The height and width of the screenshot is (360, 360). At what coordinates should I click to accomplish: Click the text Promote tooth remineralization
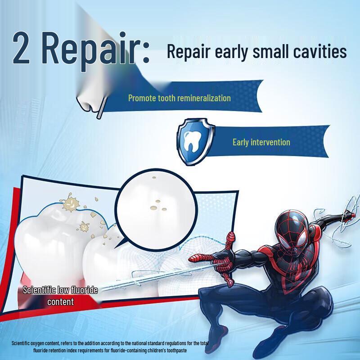tap(179, 98)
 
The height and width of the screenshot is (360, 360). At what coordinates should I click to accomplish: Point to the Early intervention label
tap(261, 142)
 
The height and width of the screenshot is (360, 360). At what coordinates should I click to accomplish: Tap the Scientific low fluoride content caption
tap(60, 296)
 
